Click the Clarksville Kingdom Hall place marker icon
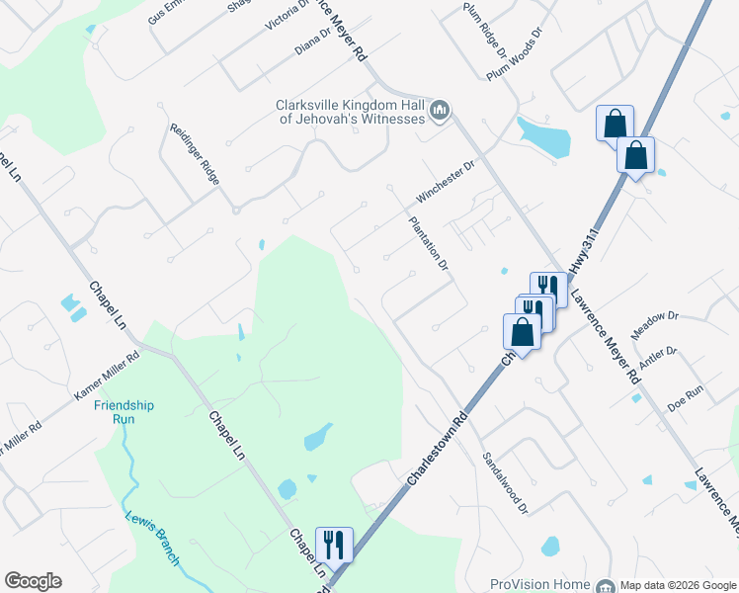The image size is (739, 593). coord(441,111)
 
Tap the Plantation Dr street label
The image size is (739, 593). coord(429,244)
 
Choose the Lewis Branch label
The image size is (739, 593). coord(152,538)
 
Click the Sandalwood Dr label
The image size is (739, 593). coord(506,483)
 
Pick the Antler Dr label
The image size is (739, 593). coord(657,358)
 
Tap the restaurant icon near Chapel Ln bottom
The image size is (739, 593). coord(333,544)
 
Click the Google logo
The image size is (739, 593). coord(33,581)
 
